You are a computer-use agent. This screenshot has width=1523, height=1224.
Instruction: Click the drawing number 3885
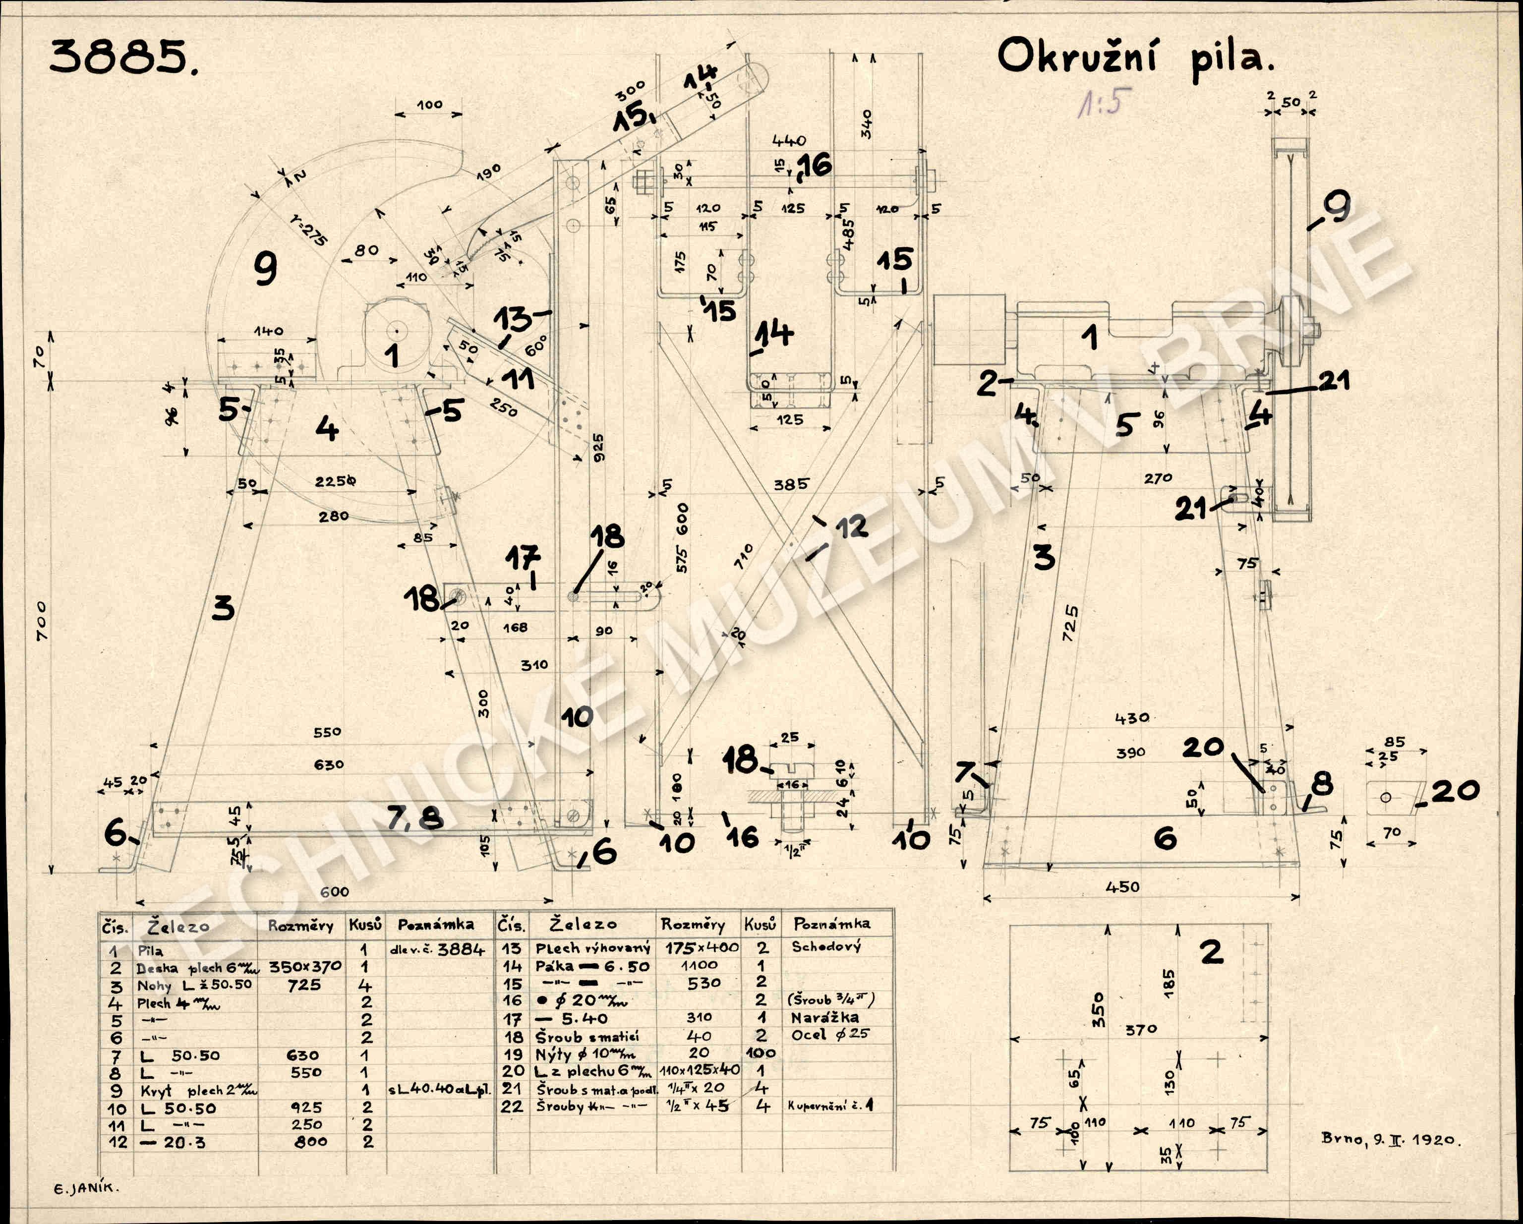(x=123, y=58)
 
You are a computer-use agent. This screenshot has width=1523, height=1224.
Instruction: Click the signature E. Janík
(x=87, y=1187)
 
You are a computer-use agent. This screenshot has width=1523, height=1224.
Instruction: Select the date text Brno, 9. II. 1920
(x=1390, y=1139)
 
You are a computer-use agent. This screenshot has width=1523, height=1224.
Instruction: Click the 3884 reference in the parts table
(x=461, y=950)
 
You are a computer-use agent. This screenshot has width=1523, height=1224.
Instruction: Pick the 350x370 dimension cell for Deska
(x=305, y=966)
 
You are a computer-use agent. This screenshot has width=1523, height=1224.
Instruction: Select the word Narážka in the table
(x=824, y=1018)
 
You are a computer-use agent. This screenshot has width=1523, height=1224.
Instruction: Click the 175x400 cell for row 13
(x=702, y=947)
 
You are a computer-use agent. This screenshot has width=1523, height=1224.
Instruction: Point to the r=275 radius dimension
(x=309, y=229)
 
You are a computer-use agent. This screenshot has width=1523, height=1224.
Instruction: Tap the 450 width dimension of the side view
(x=1122, y=886)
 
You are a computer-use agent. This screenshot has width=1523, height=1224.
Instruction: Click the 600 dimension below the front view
(x=334, y=892)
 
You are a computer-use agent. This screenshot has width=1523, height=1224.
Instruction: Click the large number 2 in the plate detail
(x=1212, y=952)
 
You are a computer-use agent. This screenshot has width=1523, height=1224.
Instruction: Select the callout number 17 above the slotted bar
(x=523, y=558)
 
